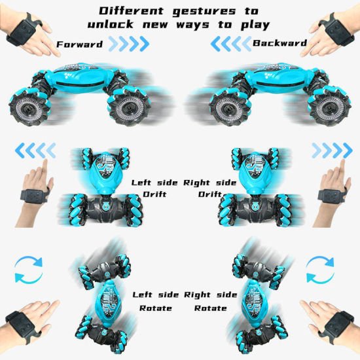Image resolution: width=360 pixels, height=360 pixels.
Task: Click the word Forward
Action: coord(79,45)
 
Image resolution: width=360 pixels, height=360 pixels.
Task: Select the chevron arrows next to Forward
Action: coord(128,45)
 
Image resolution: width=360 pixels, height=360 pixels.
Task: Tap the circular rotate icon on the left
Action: coord(29,270)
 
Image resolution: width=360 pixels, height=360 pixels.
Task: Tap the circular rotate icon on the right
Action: coord(320,270)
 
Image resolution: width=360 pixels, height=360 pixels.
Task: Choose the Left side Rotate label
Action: coord(156,302)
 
